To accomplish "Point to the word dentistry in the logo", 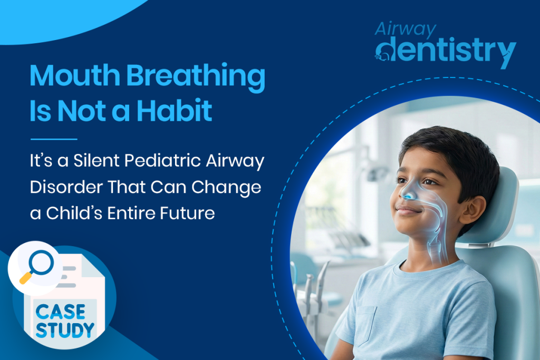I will pos(446,52).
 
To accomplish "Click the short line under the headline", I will pos(54,139).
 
